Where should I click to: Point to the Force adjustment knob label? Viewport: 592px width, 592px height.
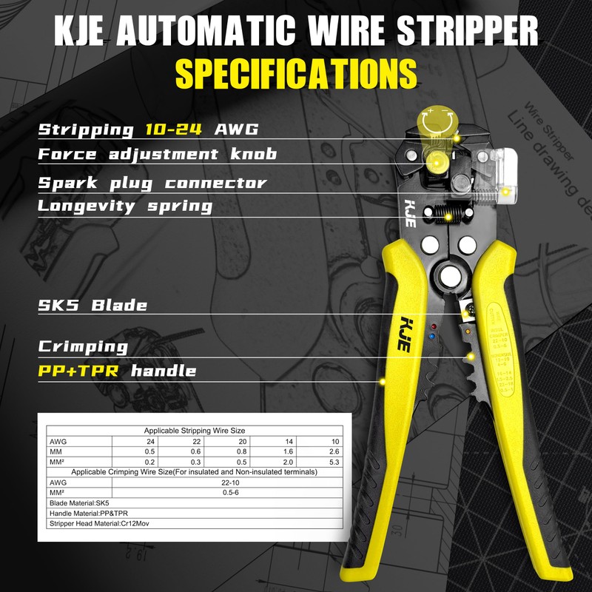point(157,154)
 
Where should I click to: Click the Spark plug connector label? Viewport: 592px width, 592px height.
point(152,182)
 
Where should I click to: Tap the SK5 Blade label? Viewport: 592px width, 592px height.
point(92,305)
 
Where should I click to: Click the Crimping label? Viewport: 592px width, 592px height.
point(82,346)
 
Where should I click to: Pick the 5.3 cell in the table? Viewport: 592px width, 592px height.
point(332,462)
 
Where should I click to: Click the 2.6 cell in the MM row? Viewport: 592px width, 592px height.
point(332,451)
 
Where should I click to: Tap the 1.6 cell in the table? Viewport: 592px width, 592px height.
point(288,451)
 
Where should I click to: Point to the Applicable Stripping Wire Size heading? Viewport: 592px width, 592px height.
point(194,430)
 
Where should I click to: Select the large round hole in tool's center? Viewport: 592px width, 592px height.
point(448,277)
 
